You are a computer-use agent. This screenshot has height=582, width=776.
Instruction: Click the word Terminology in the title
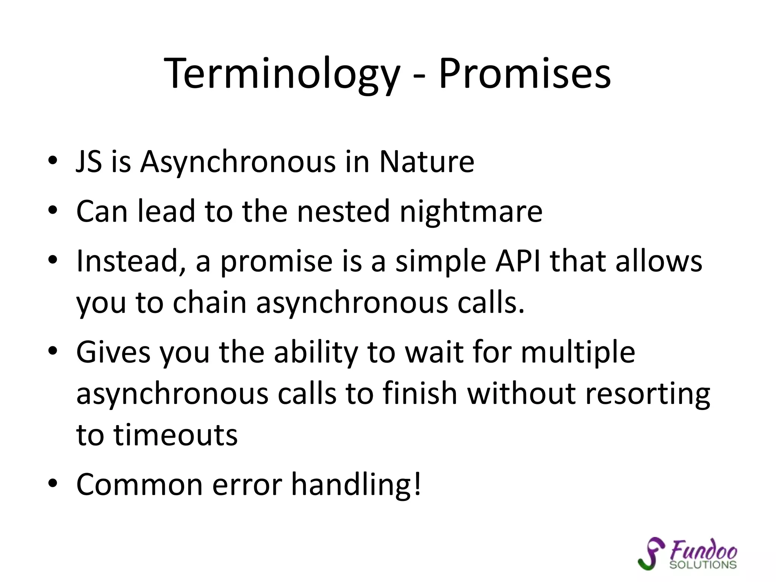(x=282, y=74)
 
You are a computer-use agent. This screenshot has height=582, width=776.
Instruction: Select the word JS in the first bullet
(x=89, y=162)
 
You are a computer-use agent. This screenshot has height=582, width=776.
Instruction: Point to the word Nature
(x=427, y=162)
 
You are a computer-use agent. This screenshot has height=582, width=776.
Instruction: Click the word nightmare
(x=471, y=211)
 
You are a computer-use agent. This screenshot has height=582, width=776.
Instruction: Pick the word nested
(x=343, y=211)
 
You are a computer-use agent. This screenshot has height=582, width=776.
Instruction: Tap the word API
(x=518, y=261)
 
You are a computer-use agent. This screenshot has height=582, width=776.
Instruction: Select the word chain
(x=210, y=303)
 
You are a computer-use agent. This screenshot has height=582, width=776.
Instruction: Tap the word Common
(x=139, y=485)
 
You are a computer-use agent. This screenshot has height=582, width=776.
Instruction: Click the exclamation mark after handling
(x=417, y=484)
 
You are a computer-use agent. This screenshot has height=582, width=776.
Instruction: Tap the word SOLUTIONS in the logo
(x=703, y=565)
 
